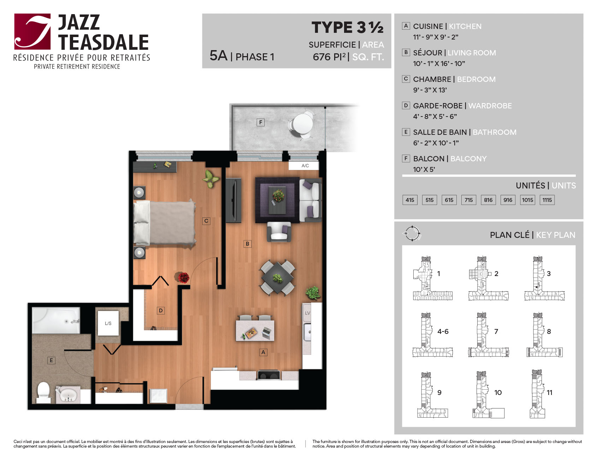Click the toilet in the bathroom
(44, 392)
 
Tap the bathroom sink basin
(69, 394)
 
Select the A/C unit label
(305, 166)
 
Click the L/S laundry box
(108, 323)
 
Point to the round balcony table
(302, 122)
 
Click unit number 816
(488, 200)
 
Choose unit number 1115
(547, 200)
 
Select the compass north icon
(412, 233)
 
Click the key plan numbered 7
(489, 335)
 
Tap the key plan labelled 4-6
(432, 335)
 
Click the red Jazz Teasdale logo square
(32, 31)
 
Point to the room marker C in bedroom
(206, 221)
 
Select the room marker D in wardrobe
(161, 311)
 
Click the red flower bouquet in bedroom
(183, 277)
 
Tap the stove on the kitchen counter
(269, 375)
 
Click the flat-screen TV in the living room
(234, 200)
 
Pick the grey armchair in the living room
(279, 232)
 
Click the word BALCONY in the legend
(468, 159)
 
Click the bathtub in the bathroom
(56, 320)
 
